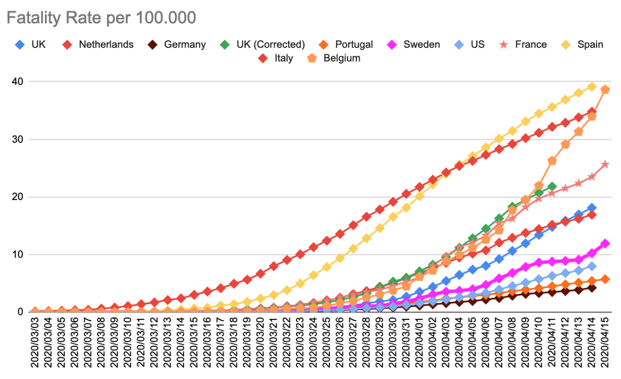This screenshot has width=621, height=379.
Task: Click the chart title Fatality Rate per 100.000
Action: coord(101,18)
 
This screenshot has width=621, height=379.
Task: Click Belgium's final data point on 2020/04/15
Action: coord(605,90)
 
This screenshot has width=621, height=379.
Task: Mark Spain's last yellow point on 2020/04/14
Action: coord(592,87)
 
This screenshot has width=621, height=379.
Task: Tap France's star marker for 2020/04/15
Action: coord(605,164)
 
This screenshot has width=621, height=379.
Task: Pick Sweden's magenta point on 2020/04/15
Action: coord(605,244)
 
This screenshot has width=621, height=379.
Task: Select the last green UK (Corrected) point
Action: coord(552,187)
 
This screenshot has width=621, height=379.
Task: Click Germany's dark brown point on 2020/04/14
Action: coord(592,287)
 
